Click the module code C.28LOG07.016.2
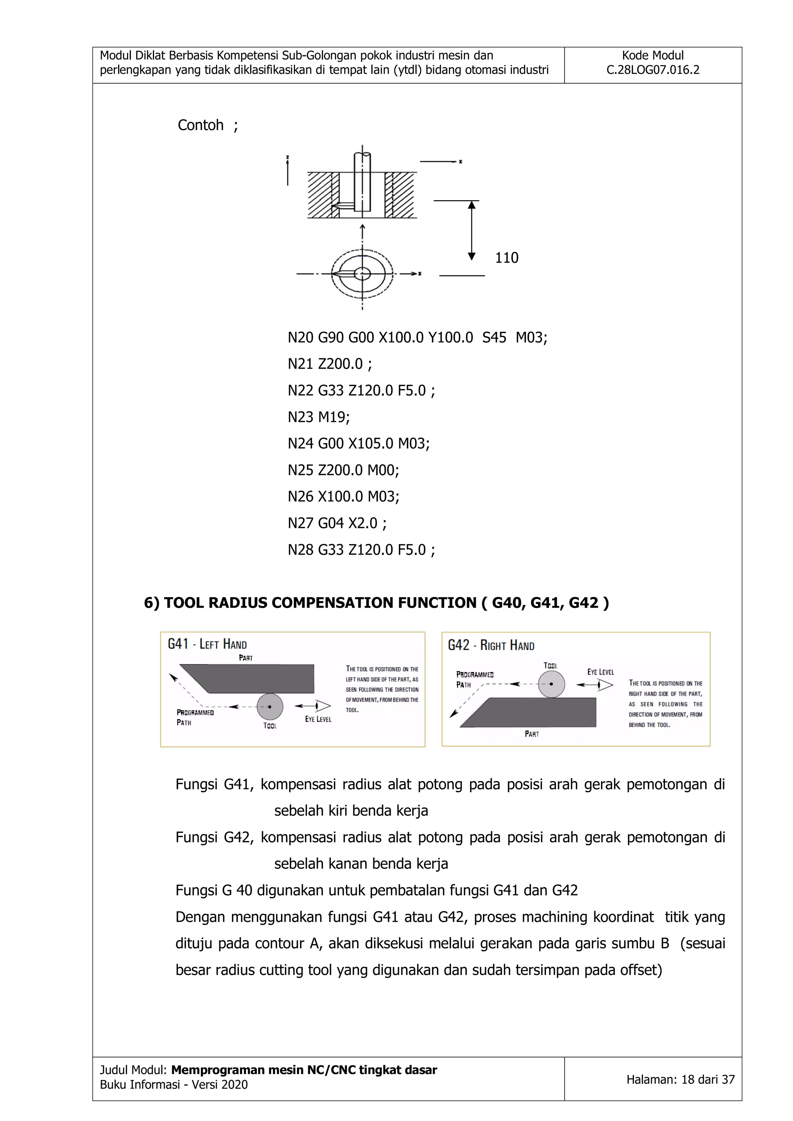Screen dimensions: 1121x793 [x=652, y=70]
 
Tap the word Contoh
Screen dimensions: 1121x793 [x=200, y=125]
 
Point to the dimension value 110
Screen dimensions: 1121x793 [x=506, y=258]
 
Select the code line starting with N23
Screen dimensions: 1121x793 [x=318, y=417]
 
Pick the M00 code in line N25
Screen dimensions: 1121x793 [x=383, y=470]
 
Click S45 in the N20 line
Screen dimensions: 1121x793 [x=494, y=337]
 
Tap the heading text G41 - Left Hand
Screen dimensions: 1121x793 [x=207, y=644]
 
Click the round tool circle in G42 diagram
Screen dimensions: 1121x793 [x=551, y=683]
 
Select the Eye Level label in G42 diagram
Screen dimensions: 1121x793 [x=600, y=672]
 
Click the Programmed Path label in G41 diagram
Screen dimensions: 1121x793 [x=195, y=717]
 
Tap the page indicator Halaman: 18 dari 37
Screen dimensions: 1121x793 [x=680, y=1080]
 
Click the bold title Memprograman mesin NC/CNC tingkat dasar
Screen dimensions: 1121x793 [x=304, y=1070]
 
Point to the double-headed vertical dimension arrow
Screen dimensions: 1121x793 [x=471, y=230]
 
